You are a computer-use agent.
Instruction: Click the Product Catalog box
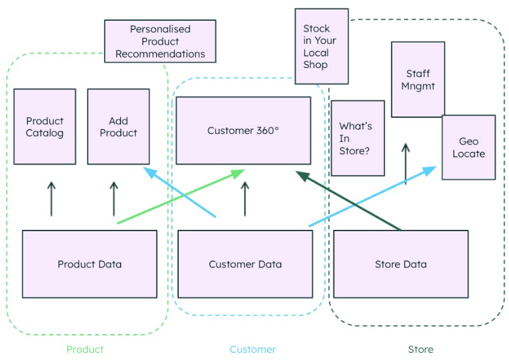pyautogui.click(x=45, y=126)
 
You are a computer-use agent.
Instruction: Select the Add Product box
pyautogui.click(x=119, y=126)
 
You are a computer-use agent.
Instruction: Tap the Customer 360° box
pyautogui.click(x=243, y=130)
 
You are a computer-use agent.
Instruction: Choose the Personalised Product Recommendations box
pyautogui.click(x=160, y=41)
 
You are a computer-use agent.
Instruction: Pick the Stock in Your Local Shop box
pyautogui.click(x=321, y=46)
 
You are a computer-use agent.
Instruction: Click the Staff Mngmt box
pyautogui.click(x=418, y=80)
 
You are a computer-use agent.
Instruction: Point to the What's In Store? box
pyautogui.click(x=357, y=138)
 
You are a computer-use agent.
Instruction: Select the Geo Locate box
pyautogui.click(x=468, y=147)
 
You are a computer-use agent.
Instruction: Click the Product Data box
pyautogui.click(x=89, y=264)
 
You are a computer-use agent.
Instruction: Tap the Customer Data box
pyautogui.click(x=245, y=264)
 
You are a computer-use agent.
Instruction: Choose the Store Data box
pyautogui.click(x=400, y=264)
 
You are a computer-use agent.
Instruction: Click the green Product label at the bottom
pyautogui.click(x=85, y=349)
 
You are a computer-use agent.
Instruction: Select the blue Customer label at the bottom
pyautogui.click(x=253, y=349)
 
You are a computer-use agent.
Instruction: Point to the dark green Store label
pyautogui.click(x=420, y=349)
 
